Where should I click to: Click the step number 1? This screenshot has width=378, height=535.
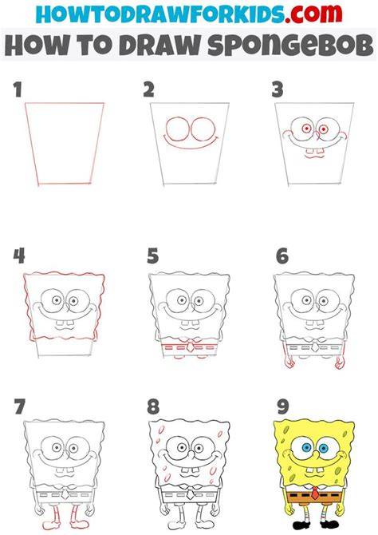click(x=18, y=89)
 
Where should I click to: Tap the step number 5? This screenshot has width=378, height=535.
click(x=152, y=256)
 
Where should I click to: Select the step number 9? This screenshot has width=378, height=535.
click(x=283, y=406)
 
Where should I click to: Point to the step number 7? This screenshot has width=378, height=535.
click(x=19, y=406)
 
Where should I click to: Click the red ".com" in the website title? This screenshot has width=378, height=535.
click(x=313, y=14)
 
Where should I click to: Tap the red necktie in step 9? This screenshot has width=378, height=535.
click(x=315, y=493)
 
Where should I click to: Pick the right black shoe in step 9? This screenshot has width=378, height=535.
click(x=329, y=524)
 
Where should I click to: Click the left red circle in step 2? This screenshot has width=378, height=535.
click(x=177, y=129)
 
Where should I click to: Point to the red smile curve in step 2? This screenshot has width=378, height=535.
click(x=191, y=145)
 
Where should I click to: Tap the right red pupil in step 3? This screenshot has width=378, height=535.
click(x=323, y=129)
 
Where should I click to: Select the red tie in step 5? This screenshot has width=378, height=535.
click(x=190, y=347)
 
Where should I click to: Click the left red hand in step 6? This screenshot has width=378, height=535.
click(x=289, y=363)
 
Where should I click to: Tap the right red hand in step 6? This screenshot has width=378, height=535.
click(x=340, y=363)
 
